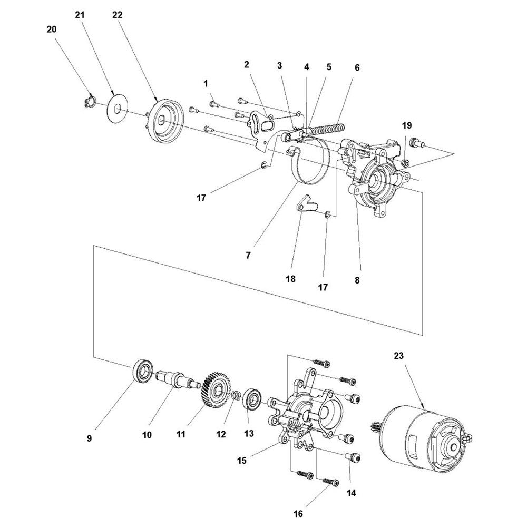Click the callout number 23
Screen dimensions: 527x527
[398, 356]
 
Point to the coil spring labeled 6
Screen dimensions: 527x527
[324, 130]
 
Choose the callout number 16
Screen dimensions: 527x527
[299, 512]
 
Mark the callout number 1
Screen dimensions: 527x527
[206, 83]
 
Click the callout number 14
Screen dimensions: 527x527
[352, 493]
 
